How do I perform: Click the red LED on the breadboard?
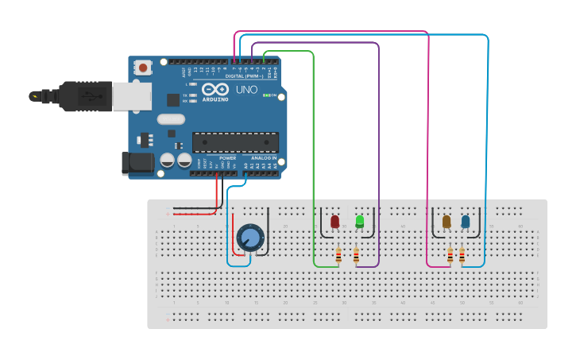(334, 221)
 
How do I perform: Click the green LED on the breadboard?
(359, 221)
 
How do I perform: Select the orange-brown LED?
(446, 222)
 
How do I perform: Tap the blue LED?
(466, 222)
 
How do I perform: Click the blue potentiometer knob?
(249, 237)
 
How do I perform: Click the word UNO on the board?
(246, 90)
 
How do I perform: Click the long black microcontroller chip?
(235, 142)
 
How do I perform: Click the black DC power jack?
(136, 163)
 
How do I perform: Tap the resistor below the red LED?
(339, 255)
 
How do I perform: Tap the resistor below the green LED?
(355, 255)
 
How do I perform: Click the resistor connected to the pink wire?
(450, 255)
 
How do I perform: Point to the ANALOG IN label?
(264, 158)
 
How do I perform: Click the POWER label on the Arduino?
(228, 158)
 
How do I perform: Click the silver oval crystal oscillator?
(171, 119)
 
